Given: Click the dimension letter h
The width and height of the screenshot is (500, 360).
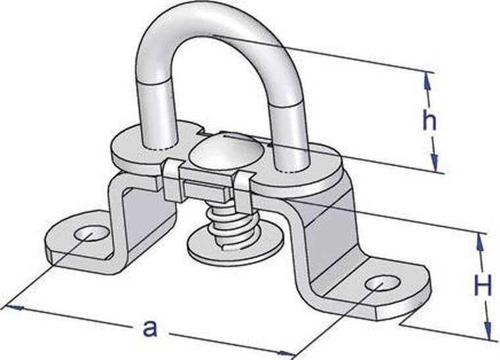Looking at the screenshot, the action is click(x=429, y=120).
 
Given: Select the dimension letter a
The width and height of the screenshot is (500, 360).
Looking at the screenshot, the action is click(x=150, y=328).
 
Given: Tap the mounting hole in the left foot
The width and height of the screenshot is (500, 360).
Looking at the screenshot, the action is click(x=91, y=233).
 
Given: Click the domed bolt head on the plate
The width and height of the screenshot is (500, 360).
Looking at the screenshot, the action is click(x=223, y=150).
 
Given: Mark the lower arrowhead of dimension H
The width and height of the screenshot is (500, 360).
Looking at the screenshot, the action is click(x=488, y=331).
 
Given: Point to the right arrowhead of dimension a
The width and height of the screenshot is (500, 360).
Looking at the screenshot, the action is click(x=286, y=353).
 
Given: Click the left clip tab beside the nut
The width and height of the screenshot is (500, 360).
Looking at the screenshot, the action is click(x=172, y=180).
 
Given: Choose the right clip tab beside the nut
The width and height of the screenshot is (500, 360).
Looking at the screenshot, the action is click(x=244, y=188).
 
